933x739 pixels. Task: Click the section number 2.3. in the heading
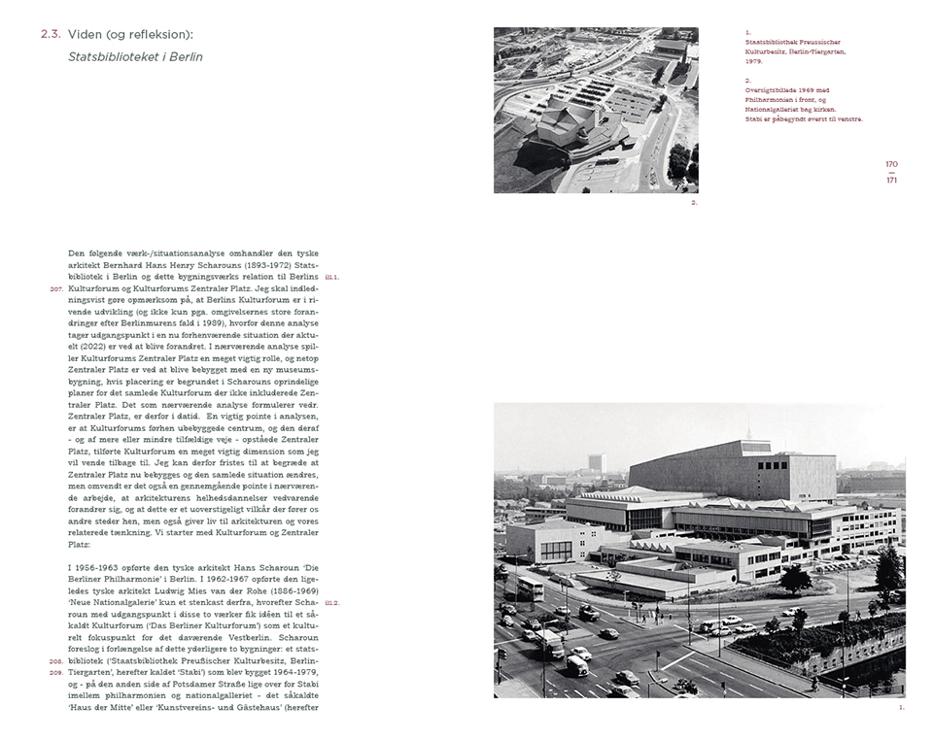[51, 35]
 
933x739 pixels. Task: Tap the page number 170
[891, 163]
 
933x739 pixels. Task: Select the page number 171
[891, 180]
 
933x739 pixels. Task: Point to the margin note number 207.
[55, 288]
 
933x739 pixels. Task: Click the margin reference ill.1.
[331, 277]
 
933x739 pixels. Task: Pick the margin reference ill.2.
[331, 603]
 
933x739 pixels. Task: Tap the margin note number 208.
[55, 660]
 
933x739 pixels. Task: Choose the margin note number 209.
[55, 672]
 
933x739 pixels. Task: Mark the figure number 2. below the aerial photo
[694, 203]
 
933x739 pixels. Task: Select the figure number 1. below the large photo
[901, 707]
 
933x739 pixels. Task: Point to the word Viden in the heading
[86, 35]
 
